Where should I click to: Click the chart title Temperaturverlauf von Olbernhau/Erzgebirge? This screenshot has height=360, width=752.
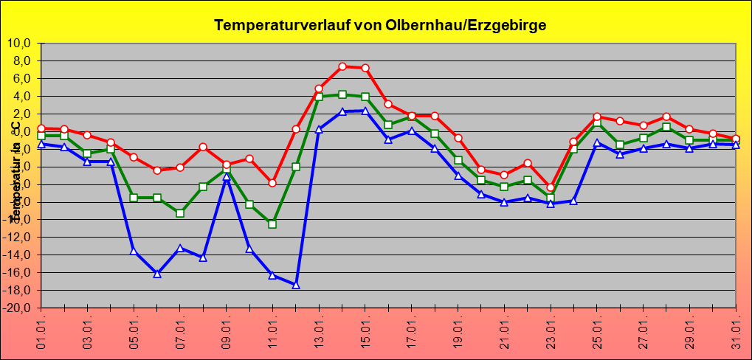[380, 25]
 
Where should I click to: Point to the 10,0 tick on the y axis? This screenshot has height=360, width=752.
[24, 43]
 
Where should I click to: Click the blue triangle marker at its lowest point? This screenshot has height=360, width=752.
[296, 285]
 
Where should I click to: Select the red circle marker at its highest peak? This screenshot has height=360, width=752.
[342, 66]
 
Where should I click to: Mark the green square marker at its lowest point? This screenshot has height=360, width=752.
[272, 224]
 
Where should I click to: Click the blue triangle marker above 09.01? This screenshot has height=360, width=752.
[227, 177]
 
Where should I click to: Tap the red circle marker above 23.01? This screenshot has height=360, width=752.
[551, 187]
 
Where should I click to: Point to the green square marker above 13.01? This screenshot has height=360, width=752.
[319, 97]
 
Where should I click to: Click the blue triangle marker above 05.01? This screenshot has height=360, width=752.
[134, 251]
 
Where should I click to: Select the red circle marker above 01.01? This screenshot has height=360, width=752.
[41, 128]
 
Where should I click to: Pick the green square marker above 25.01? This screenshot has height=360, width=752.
[597, 123]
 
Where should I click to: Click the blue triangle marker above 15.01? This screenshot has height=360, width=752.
[365, 111]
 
